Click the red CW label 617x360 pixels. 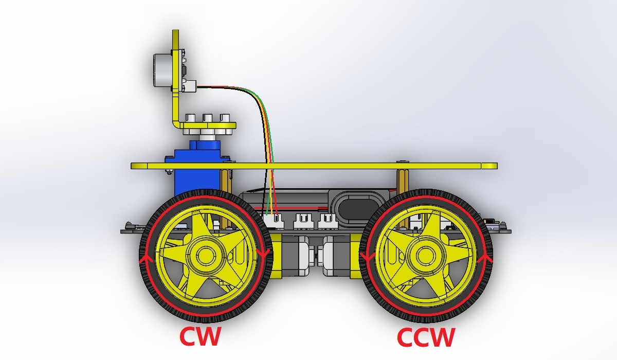200,336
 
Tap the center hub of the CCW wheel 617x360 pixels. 426,255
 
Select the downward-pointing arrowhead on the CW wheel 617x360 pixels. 264,253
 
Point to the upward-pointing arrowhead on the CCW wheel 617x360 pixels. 486,259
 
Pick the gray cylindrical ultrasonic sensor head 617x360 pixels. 162,70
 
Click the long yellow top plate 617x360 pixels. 314,166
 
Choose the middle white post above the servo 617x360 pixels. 208,118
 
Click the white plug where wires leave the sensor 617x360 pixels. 190,86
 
